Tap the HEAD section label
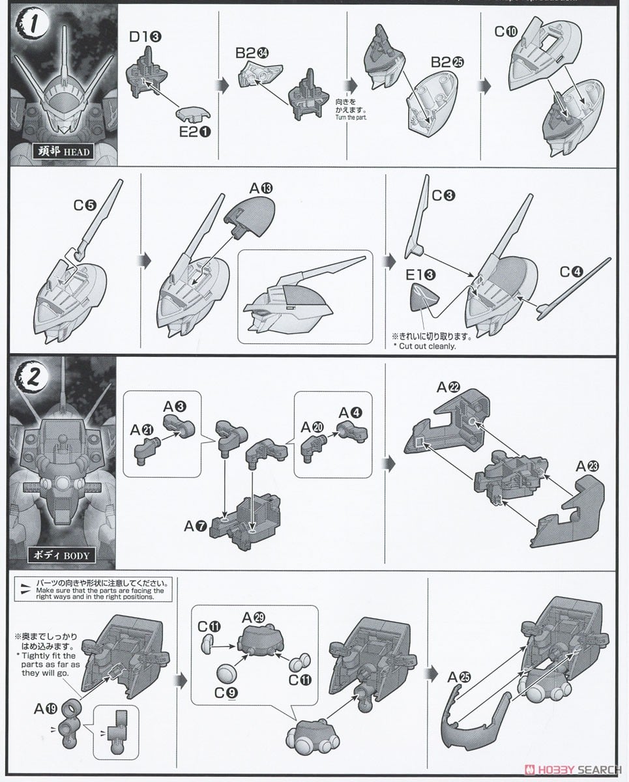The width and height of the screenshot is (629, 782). (63, 152)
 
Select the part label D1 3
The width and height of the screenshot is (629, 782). (143, 36)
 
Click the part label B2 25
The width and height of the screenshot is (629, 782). (446, 63)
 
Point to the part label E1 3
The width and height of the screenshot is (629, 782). (420, 276)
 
